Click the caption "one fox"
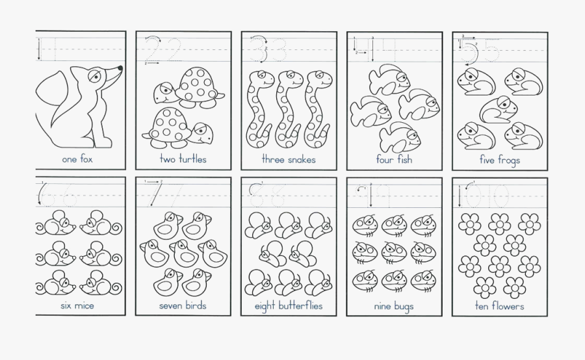[x=77, y=159]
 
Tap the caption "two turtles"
[x=183, y=159]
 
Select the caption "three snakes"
[x=289, y=159]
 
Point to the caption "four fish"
[x=394, y=159]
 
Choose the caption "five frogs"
[x=500, y=159]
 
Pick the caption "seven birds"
[x=183, y=305]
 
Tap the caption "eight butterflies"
[x=289, y=305]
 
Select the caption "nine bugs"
[x=394, y=305]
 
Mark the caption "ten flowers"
[x=500, y=305]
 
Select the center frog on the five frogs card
[x=499, y=109]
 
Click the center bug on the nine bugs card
[x=394, y=252]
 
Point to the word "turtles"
[x=192, y=159]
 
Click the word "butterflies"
[x=301, y=305]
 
